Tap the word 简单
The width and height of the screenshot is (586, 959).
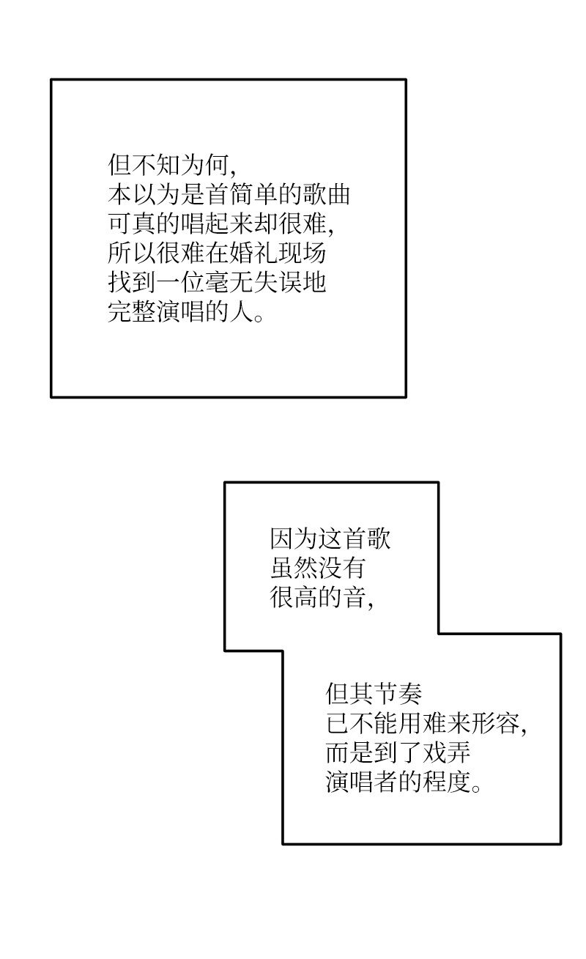click(253, 194)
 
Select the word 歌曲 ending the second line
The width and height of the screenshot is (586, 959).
click(327, 194)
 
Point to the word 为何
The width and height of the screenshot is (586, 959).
click(204, 165)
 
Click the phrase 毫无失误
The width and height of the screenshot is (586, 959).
click(253, 283)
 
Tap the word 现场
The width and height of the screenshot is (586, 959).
click(303, 253)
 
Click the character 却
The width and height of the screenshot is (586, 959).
click(266, 223)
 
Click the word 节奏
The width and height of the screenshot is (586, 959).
click(398, 694)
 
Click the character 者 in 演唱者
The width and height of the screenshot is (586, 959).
click(387, 782)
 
